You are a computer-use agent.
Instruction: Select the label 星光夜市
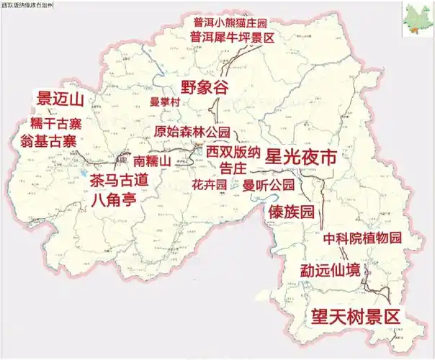(300, 157)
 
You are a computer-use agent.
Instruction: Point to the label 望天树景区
(355, 316)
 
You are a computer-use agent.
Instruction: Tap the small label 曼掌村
(164, 103)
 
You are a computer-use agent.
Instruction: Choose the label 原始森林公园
(192, 132)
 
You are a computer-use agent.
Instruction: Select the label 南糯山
(152, 162)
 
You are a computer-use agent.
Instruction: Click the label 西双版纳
(233, 153)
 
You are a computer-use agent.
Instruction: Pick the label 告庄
(232, 168)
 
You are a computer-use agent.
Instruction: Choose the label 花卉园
(209, 185)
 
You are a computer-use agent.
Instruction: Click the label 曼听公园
(268, 185)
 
